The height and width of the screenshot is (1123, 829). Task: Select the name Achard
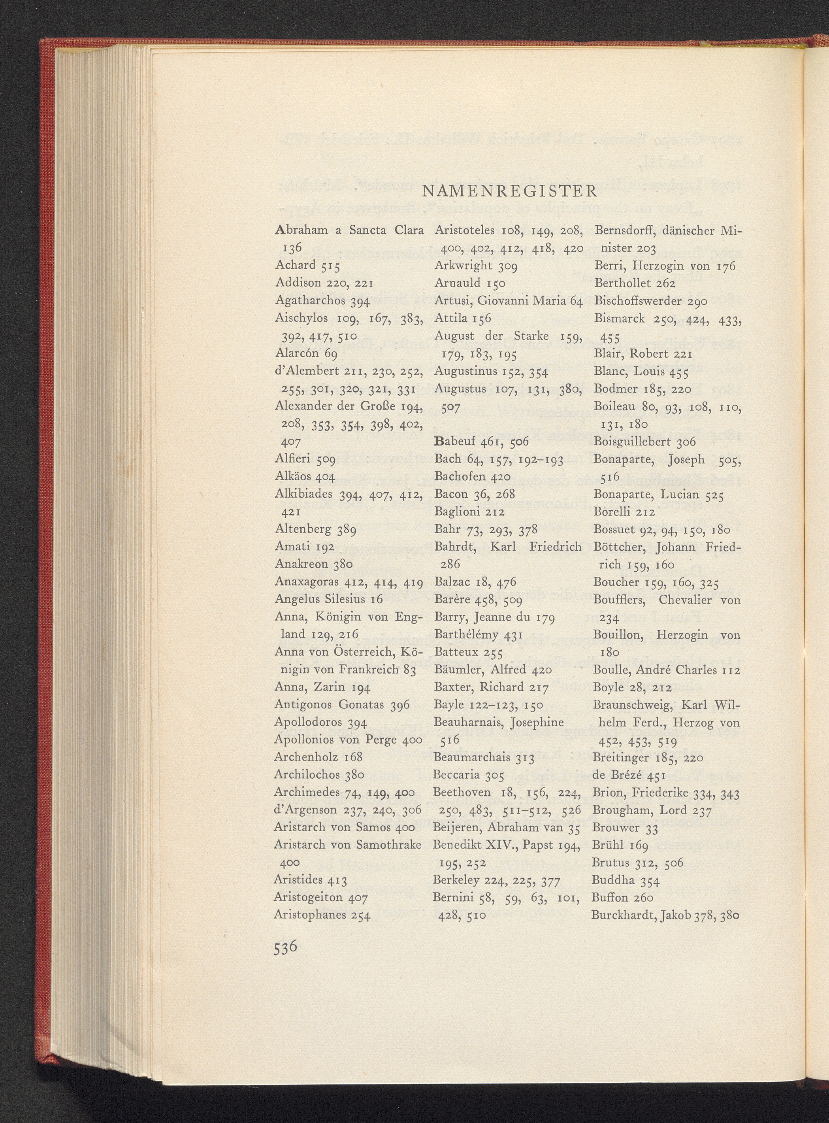point(296,265)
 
